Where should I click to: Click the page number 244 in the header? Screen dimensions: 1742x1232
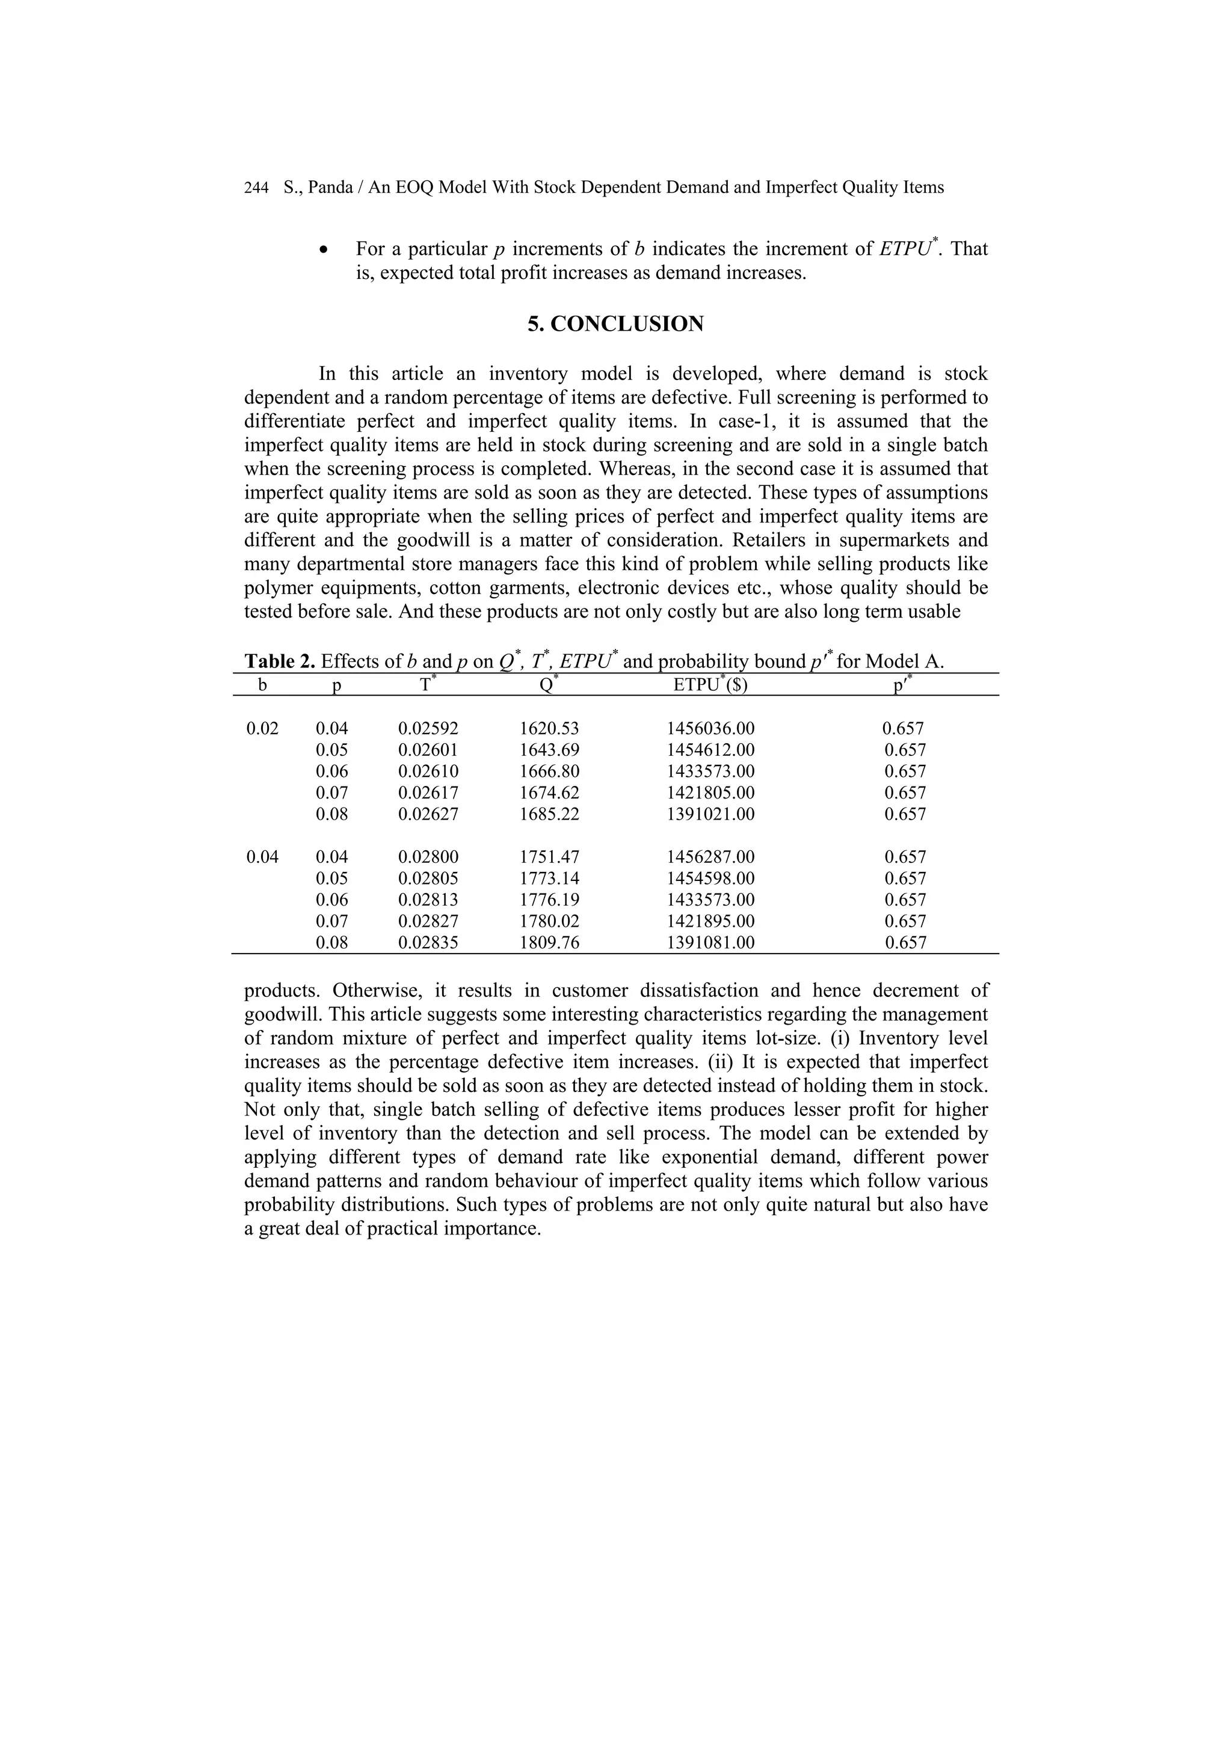click(256, 188)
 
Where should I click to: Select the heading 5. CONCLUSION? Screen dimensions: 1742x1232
click(615, 324)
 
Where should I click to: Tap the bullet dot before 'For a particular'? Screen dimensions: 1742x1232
click(325, 250)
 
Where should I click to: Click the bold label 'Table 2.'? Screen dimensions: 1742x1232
click(279, 661)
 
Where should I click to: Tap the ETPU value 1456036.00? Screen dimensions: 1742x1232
click(710, 729)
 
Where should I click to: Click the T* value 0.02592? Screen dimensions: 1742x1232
click(428, 729)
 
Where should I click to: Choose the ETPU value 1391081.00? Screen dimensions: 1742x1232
click(710, 943)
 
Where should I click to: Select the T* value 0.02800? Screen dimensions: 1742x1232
click(428, 857)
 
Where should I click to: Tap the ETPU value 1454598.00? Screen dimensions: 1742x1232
click(710, 879)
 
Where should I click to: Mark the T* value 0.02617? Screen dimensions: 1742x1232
click(428, 793)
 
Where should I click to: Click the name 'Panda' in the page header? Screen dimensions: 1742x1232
click(330, 188)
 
